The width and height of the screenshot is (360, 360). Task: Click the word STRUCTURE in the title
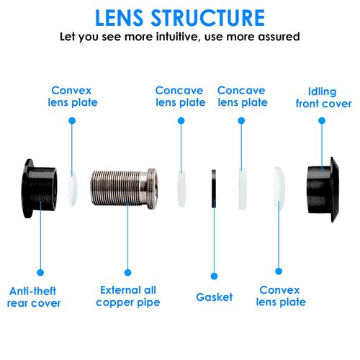click(x=208, y=18)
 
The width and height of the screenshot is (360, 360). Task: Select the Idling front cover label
click(x=323, y=98)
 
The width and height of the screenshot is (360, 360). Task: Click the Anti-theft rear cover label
click(x=34, y=297)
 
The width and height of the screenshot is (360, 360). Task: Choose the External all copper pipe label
click(x=128, y=296)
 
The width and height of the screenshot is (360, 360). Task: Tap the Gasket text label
click(x=214, y=297)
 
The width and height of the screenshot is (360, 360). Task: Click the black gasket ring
click(x=214, y=189)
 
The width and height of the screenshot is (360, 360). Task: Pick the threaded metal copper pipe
click(x=124, y=188)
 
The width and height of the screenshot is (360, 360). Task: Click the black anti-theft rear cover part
click(x=39, y=189)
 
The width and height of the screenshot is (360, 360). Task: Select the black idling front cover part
click(x=323, y=189)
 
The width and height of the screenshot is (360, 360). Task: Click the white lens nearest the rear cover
click(x=72, y=189)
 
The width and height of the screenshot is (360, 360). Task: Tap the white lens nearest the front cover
click(x=279, y=189)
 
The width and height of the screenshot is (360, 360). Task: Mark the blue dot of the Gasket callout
click(x=214, y=276)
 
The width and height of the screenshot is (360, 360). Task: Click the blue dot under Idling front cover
click(x=322, y=121)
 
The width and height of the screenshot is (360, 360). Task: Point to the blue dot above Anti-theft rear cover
click(x=40, y=272)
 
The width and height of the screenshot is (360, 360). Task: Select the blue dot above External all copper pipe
click(x=128, y=272)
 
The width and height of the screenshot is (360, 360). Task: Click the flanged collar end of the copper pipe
click(x=152, y=189)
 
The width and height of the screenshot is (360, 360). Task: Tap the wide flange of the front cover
click(x=335, y=189)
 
